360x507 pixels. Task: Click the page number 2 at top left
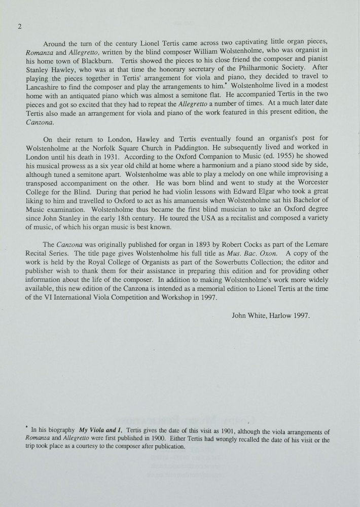[x=19, y=27]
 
